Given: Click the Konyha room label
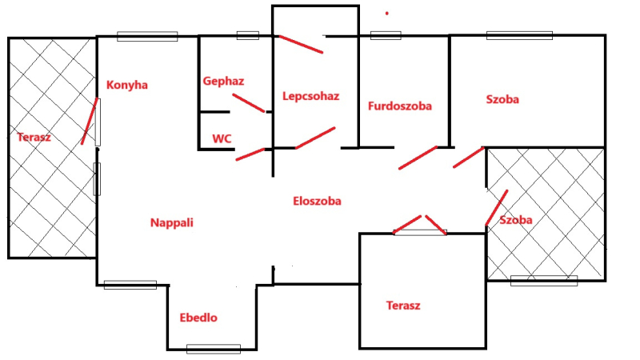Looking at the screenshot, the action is coord(127,86).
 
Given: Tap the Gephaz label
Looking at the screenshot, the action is coord(223,82).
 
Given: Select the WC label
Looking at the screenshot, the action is coord(222,138).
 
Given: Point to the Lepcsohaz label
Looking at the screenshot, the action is coord(311,96).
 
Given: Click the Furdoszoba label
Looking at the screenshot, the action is coord(400,106).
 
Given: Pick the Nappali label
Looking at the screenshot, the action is coord(172,223).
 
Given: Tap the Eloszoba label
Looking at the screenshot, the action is coord(317,202).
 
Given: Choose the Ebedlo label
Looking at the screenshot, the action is coord(198,318).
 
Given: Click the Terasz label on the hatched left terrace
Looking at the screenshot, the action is coord(34,137).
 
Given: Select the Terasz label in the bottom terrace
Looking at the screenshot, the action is coord(403,306).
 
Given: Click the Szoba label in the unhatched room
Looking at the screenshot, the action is coord(502,99).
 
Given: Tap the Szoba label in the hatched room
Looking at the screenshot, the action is coord(516,220).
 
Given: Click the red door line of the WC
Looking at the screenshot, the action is coord(250,154).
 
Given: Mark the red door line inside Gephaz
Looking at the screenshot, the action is coord(249,103).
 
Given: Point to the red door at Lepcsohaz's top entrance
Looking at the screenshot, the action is coord(301,45).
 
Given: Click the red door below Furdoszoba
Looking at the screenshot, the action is coord(418,158).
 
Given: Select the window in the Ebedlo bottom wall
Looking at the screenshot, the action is coord(214,350).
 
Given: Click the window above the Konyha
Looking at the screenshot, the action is coord(147,36).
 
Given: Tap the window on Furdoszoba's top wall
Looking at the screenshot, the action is coord(386,35).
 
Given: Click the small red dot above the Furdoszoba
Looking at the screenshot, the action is coord(387,14).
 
